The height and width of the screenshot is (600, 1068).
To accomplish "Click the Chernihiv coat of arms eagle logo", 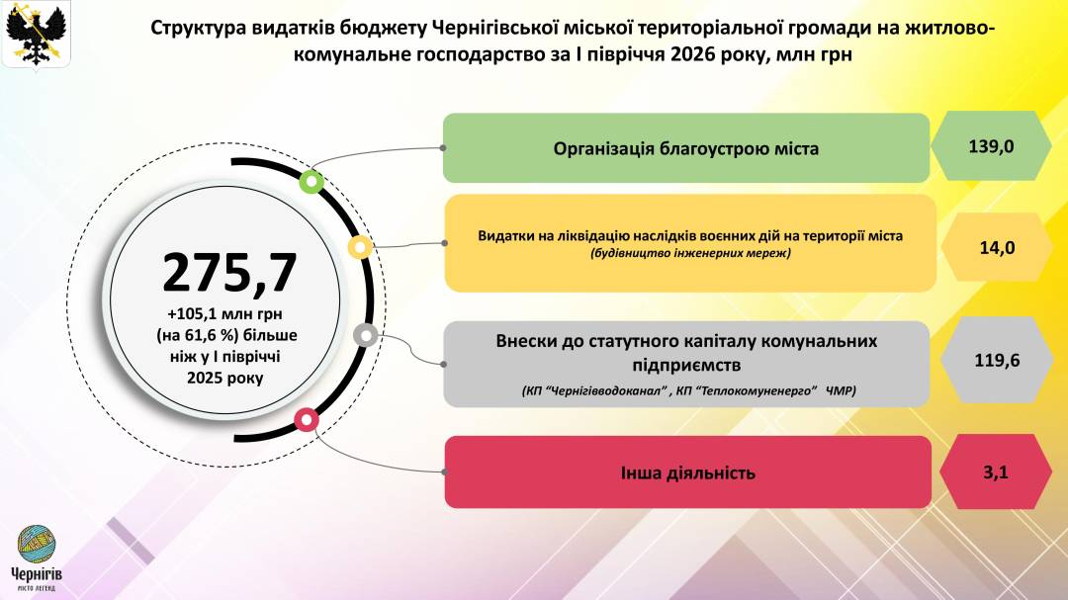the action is (x=37, y=34).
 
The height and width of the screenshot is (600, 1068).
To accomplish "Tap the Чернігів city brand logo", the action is (x=37, y=557).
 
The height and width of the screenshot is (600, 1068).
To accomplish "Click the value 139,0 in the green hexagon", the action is (x=991, y=146).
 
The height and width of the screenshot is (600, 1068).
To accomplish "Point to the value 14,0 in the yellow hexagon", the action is (x=997, y=248).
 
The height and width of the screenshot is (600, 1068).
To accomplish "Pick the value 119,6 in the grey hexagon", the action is (x=997, y=360).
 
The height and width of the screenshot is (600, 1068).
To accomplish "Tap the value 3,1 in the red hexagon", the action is (x=996, y=471).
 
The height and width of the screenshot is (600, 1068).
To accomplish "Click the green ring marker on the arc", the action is (x=311, y=181).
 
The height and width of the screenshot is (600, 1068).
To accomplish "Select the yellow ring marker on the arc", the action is (x=360, y=246).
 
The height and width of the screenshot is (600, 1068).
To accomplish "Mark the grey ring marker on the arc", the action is (x=366, y=335).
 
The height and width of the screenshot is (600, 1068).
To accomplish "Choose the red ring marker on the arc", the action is (x=307, y=419).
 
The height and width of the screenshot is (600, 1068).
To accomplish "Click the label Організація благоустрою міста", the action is (x=686, y=148).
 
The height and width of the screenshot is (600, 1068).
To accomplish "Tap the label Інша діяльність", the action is (x=688, y=472).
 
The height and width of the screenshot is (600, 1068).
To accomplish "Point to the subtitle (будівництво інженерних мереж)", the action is (x=690, y=253).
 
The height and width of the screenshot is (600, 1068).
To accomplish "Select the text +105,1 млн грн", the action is (x=224, y=314).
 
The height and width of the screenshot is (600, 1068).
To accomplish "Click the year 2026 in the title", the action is (x=692, y=53).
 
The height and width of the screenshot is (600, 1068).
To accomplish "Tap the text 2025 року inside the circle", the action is (x=224, y=378).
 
